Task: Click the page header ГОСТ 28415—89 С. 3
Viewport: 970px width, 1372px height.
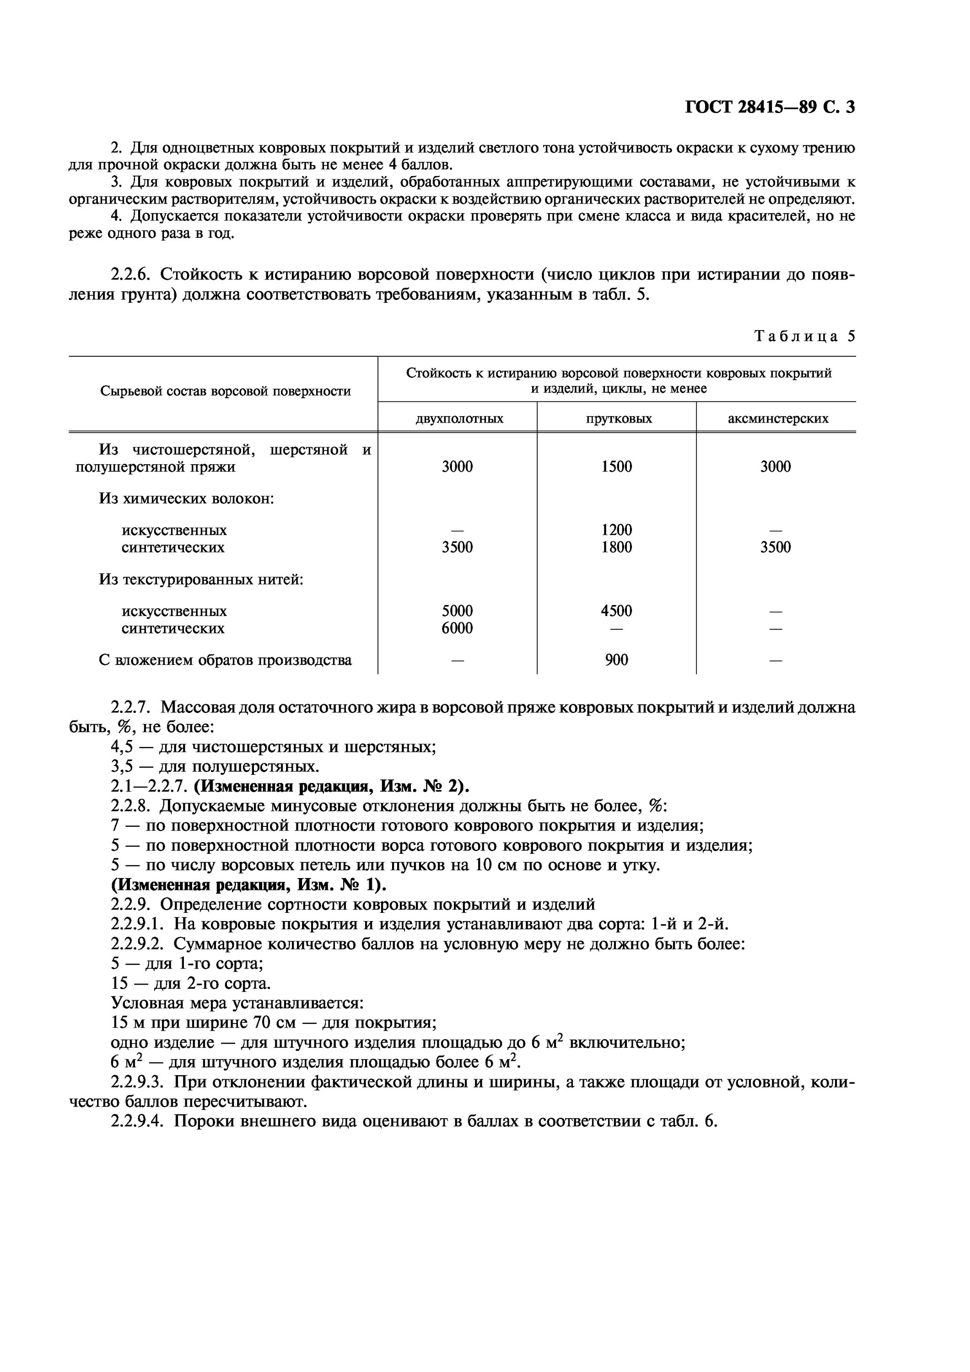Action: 769,107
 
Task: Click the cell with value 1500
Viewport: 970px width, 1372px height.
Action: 616,466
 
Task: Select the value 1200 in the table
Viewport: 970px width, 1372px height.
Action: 616,530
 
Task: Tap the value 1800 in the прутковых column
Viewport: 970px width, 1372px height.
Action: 616,547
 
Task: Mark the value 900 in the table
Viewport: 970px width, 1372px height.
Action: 616,660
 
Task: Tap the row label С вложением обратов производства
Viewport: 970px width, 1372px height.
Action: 225,660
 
